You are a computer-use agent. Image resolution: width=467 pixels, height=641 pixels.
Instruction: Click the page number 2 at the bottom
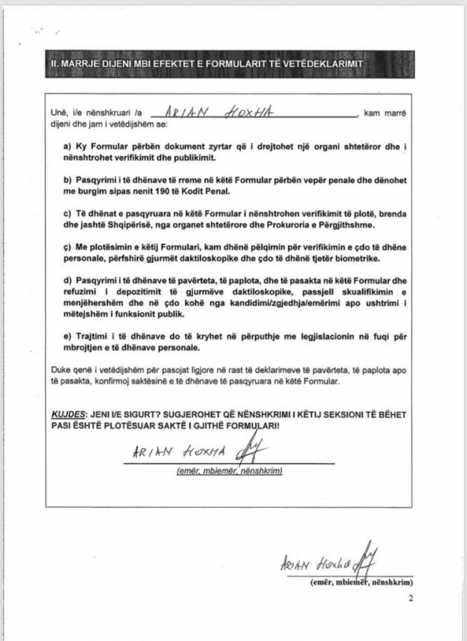(411, 600)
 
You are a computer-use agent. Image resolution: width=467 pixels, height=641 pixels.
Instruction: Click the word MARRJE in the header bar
(83, 63)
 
